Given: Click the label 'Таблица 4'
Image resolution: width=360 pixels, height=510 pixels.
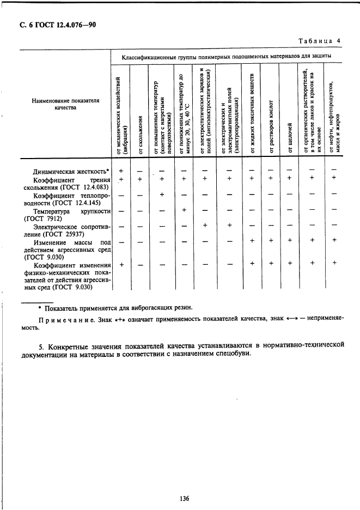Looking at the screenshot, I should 320,41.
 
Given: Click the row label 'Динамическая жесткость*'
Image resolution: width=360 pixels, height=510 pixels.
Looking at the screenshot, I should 71,172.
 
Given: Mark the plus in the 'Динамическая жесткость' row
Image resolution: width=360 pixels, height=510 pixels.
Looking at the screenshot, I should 121,171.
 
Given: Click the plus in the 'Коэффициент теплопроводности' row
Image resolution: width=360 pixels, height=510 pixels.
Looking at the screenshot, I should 162,195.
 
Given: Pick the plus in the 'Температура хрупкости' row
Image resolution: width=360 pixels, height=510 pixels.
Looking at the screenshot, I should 184,210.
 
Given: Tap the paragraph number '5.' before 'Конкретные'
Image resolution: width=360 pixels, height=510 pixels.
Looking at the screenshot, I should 43,345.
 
